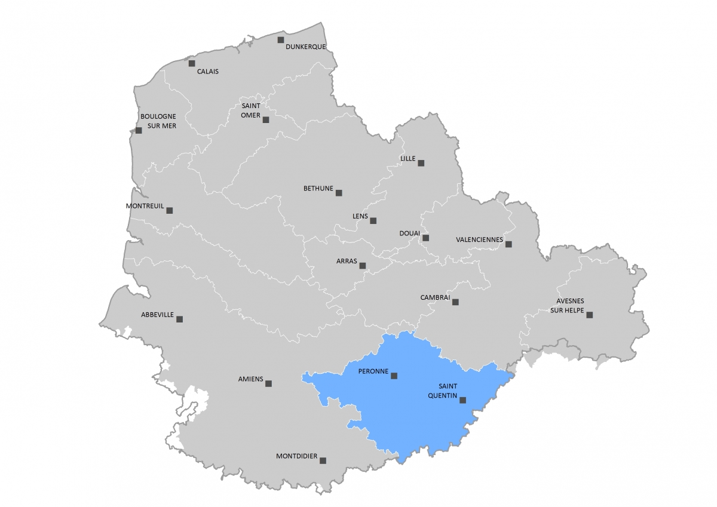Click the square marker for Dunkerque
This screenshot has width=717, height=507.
point(280,40)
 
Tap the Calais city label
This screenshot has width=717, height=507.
point(208,72)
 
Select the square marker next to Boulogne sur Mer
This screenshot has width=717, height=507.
point(139,130)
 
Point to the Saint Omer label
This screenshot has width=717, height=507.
point(250,110)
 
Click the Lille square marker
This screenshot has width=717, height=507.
point(421,163)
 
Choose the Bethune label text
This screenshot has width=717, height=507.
point(318,189)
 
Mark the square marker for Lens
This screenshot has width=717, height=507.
point(373,220)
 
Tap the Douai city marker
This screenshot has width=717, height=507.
point(425,238)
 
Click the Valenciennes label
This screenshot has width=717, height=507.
point(479,239)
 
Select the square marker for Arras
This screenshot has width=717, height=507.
point(362,266)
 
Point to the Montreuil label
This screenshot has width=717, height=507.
point(145,206)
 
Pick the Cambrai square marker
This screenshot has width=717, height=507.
point(455,302)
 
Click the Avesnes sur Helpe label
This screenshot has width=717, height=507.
point(567,306)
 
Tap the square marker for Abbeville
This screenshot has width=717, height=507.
point(179,319)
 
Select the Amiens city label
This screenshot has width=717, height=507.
point(250,379)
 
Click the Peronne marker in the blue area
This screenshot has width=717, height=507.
point(394,376)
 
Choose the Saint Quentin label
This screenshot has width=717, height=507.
point(443,391)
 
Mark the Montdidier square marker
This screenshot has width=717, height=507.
point(323,460)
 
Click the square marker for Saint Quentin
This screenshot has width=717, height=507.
point(462,401)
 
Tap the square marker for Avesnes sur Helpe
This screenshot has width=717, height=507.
point(589,315)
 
